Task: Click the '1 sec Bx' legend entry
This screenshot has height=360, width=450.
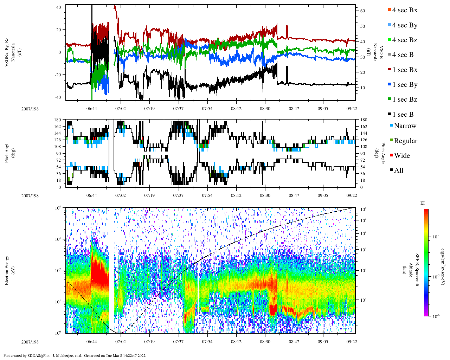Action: (x=405, y=70)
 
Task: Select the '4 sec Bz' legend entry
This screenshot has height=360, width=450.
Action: (x=405, y=40)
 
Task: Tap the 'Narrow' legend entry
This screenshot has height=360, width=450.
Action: (x=405, y=126)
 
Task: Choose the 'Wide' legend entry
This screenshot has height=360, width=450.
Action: (x=402, y=156)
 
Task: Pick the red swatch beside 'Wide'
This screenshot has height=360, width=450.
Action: (x=391, y=156)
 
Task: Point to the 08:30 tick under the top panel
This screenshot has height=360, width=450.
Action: (x=265, y=109)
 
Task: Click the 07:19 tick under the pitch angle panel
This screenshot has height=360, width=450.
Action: (x=149, y=195)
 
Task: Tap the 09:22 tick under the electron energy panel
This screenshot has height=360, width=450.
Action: (x=352, y=341)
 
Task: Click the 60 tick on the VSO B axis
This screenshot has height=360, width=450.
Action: (x=362, y=11)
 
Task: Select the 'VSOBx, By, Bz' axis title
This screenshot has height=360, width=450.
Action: (x=7, y=53)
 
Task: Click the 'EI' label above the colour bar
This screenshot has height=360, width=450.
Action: (x=422, y=203)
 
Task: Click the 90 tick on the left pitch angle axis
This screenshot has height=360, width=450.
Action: (x=58, y=153)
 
